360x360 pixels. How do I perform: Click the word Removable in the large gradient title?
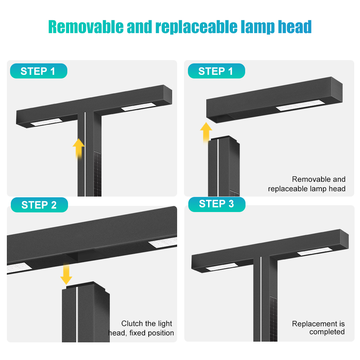pyautogui.click(x=86, y=27)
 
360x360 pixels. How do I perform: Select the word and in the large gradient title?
pyautogui.click(x=139, y=27)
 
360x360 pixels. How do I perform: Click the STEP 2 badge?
pyautogui.click(x=39, y=205)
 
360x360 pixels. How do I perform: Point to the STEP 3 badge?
pyautogui.click(x=217, y=204)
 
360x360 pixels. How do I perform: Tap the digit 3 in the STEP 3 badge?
pyautogui.click(x=231, y=204)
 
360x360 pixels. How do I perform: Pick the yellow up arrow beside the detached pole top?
pyautogui.click(x=206, y=132)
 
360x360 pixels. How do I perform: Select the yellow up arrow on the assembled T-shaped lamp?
pyautogui.click(x=78, y=149)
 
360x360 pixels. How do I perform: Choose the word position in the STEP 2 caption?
pyautogui.click(x=161, y=333)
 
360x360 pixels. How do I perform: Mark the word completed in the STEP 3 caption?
pyautogui.click(x=327, y=332)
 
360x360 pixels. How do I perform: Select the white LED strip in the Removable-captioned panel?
pyautogui.click(x=300, y=105)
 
